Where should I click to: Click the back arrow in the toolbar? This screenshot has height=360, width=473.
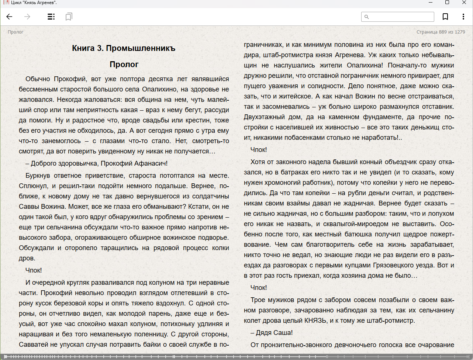10,17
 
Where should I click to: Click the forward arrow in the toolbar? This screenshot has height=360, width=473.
27,17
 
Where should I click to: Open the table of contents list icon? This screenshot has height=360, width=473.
51,17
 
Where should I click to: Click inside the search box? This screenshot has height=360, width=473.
400,17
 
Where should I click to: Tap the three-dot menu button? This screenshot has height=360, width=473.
463,17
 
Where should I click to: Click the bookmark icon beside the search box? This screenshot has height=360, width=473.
445,17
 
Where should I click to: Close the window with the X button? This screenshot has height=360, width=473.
464,3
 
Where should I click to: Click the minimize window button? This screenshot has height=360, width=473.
431,3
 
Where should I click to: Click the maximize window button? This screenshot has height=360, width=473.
447,3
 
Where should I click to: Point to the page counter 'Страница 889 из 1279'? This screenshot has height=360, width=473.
441,32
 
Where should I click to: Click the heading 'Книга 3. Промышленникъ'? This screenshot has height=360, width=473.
124,48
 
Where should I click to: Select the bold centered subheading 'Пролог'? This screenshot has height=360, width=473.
124,65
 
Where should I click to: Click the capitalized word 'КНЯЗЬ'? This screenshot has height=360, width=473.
315,321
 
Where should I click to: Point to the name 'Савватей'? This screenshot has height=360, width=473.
34,345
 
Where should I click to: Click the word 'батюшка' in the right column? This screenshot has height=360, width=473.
359,234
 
